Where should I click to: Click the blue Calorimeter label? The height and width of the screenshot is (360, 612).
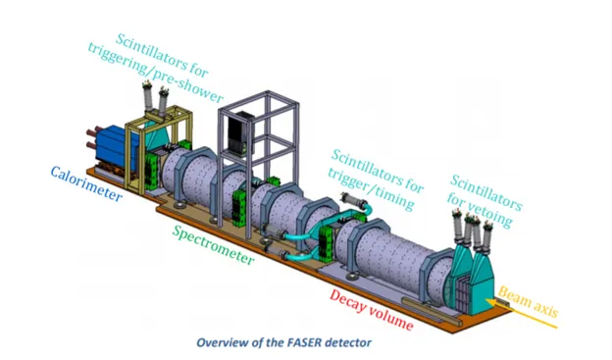click(86, 183)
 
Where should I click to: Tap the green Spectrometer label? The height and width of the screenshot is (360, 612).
click(213, 245)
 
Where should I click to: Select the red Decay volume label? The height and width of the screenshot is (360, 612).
click(371, 310)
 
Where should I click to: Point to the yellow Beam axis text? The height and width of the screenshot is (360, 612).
click(529, 301)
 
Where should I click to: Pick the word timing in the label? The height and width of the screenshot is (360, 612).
click(392, 198)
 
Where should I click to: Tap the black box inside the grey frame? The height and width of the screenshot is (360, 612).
click(240, 132)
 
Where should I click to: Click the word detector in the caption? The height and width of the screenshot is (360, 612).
click(348, 342)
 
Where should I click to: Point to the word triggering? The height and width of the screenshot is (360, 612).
click(121, 60)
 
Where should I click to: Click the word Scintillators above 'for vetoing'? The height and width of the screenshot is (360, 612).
click(485, 192)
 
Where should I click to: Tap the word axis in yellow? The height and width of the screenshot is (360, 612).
click(545, 309)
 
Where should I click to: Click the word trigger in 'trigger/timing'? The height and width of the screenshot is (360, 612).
click(348, 180)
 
